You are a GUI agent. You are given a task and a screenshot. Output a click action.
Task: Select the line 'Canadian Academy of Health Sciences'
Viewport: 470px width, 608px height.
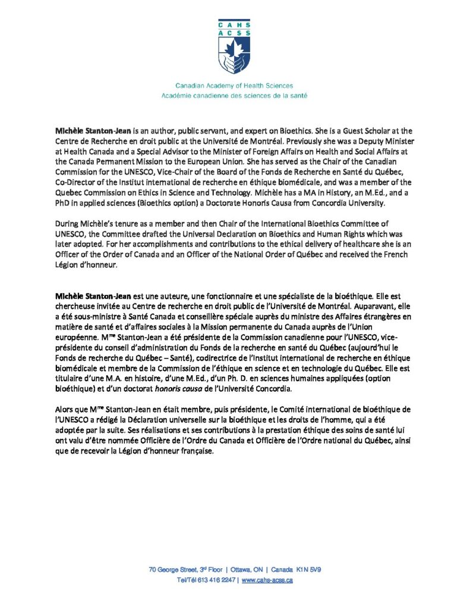point(234,85)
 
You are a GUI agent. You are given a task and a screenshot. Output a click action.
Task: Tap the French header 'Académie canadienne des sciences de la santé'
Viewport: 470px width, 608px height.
point(234,95)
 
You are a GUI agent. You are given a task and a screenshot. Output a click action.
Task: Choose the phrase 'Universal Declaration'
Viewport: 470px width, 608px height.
point(215,234)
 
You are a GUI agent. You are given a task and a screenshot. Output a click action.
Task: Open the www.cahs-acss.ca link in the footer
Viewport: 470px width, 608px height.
point(267,580)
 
